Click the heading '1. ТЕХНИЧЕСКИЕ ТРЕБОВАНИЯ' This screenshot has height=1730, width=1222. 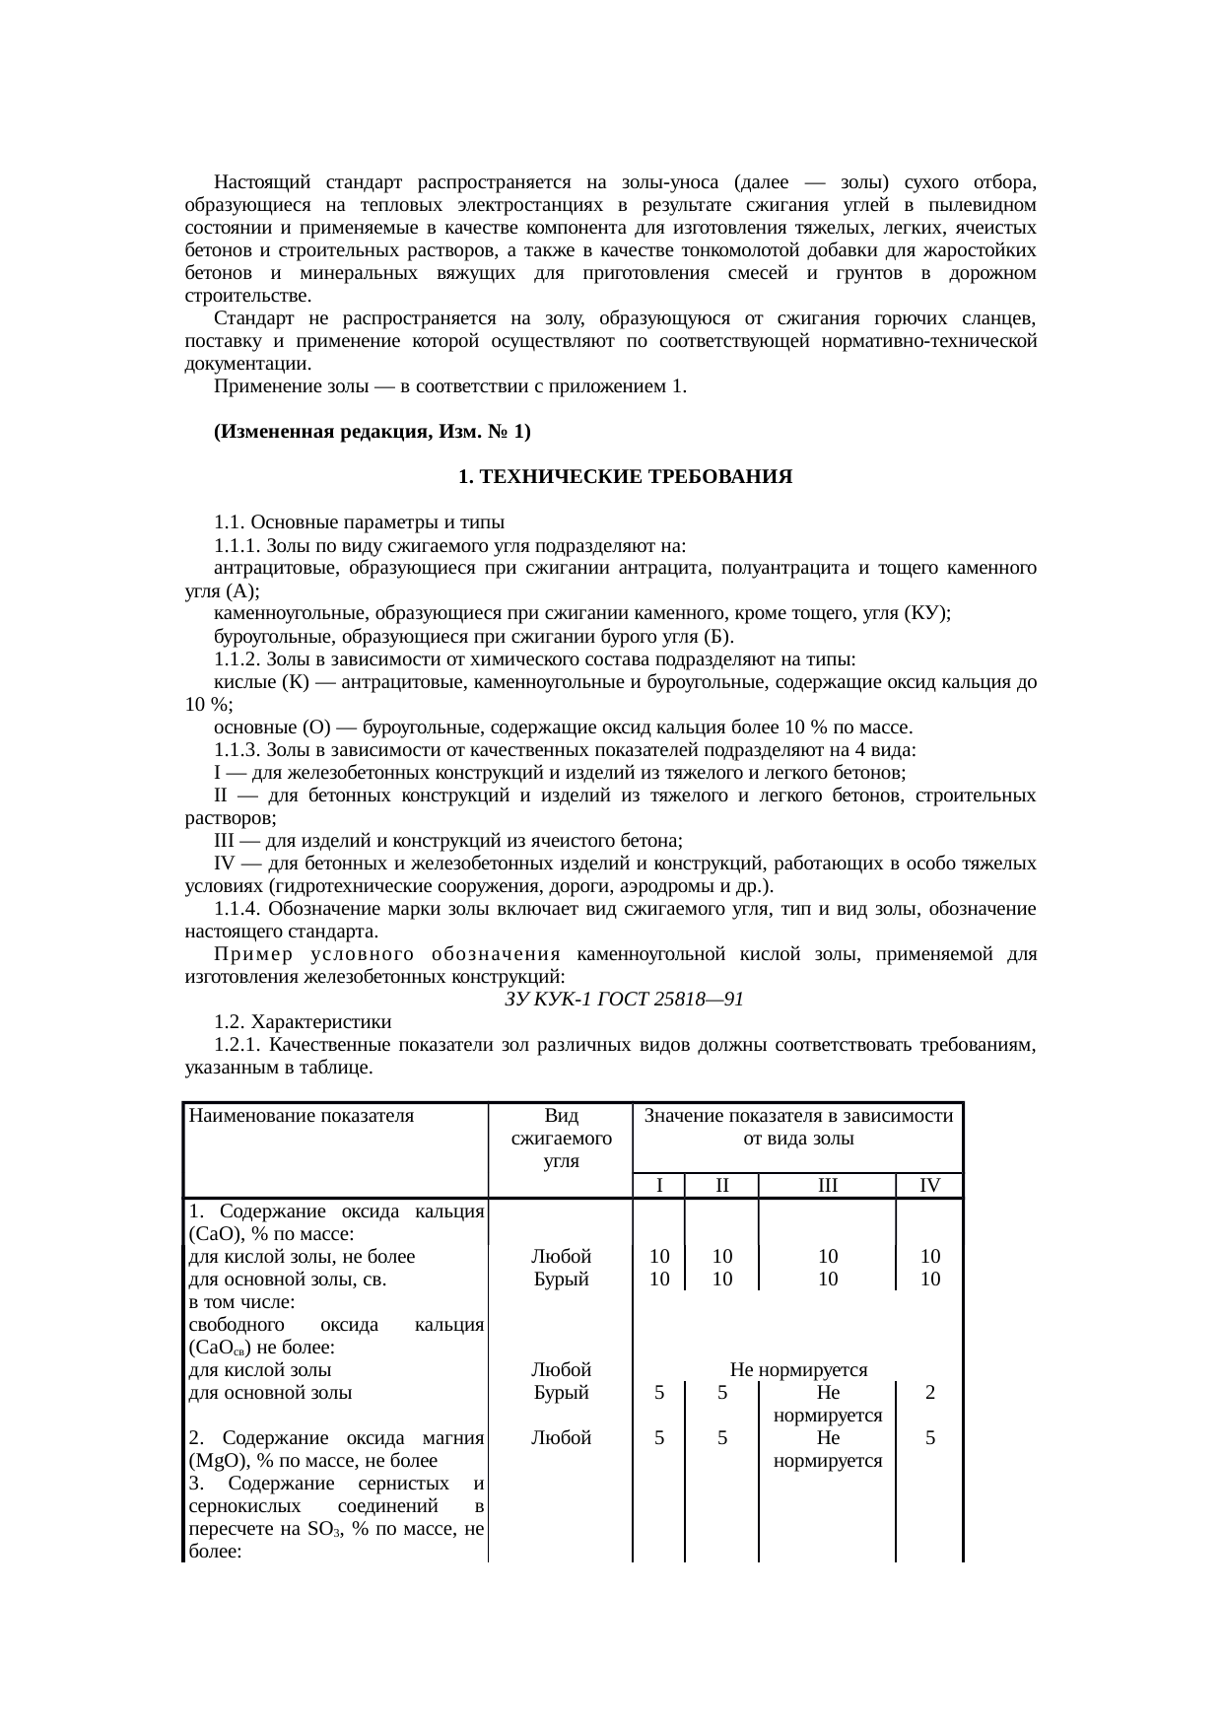click(x=625, y=477)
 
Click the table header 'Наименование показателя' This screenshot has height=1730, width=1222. click(x=302, y=1117)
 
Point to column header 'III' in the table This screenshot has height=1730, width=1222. click(x=827, y=1186)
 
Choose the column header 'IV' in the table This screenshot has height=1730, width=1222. click(x=928, y=1186)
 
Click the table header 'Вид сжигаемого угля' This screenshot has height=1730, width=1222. click(x=561, y=1139)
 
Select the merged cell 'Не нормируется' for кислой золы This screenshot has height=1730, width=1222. click(x=797, y=1370)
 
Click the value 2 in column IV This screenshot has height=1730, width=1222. click(x=929, y=1393)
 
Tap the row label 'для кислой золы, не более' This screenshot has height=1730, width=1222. click(x=302, y=1257)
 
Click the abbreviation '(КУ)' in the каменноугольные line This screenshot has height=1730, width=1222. click(x=926, y=613)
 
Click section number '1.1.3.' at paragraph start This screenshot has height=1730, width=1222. click(x=238, y=750)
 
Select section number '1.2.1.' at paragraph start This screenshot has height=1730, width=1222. click(x=238, y=1045)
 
